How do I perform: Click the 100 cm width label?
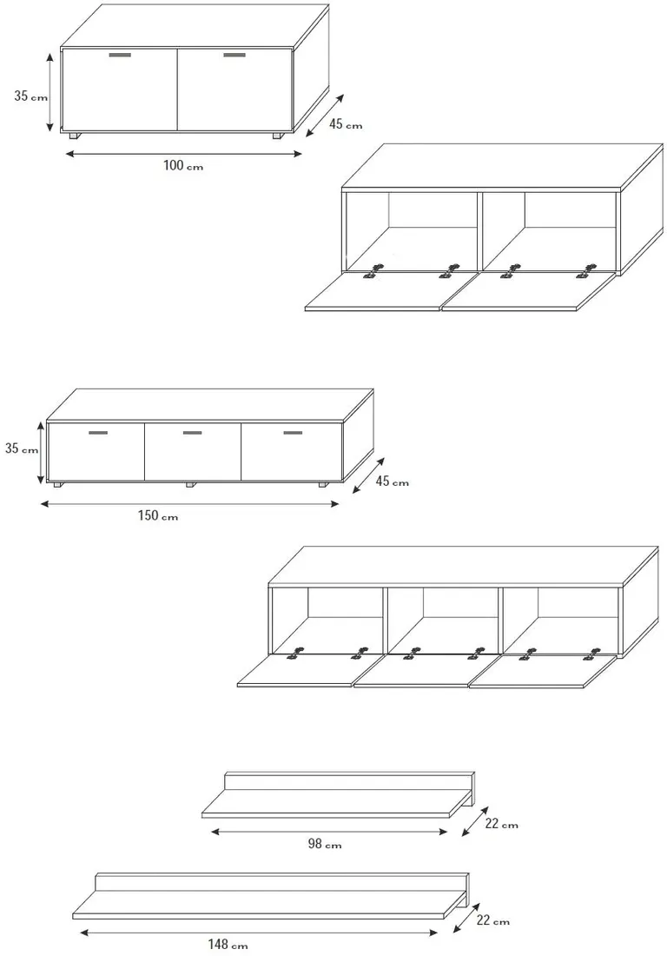182,165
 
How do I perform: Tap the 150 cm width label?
158,515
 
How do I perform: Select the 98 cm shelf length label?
324,845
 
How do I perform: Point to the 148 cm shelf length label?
228,945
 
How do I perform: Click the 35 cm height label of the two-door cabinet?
30,96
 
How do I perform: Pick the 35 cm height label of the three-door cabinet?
22,448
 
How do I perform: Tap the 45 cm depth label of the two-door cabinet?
346,123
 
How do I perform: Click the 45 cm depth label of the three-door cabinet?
392,481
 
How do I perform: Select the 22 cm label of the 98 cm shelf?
501,824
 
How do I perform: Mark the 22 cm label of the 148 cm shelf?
492,920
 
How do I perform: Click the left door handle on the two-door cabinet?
120,55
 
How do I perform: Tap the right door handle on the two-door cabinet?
234,55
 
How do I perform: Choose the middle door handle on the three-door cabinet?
193,433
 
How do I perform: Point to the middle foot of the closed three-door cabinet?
191,485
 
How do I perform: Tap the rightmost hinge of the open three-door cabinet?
591,654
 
